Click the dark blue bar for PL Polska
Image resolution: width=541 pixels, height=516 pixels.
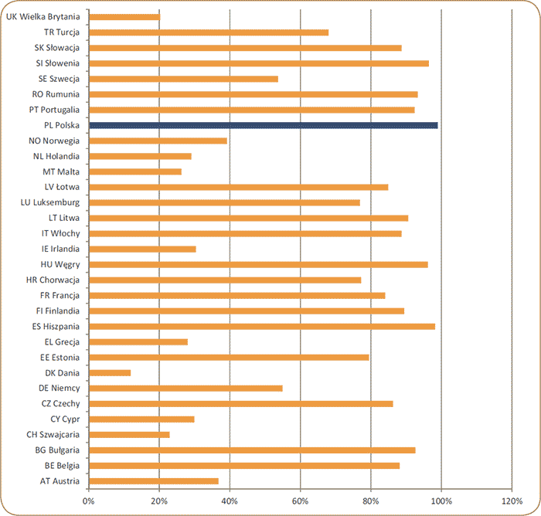pos(263,125)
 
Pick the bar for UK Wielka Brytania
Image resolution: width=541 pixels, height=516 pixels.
pos(124,17)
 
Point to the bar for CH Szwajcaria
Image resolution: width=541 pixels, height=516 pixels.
pos(129,434)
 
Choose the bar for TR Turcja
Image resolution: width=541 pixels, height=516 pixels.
pos(209,32)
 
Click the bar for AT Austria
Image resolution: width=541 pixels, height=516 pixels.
pos(153,480)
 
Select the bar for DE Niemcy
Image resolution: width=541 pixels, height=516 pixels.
pos(185,388)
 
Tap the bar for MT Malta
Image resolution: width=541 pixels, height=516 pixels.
pos(135,171)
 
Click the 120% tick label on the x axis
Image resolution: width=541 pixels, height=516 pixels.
pos(512,501)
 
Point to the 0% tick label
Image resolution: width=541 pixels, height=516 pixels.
pos(89,501)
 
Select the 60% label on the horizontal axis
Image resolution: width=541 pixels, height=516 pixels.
pos(300,501)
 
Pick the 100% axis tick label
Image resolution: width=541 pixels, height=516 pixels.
pos(441,501)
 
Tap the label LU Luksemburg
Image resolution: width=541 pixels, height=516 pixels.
pos(50,202)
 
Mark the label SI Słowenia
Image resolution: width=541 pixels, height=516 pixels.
pos(54,63)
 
